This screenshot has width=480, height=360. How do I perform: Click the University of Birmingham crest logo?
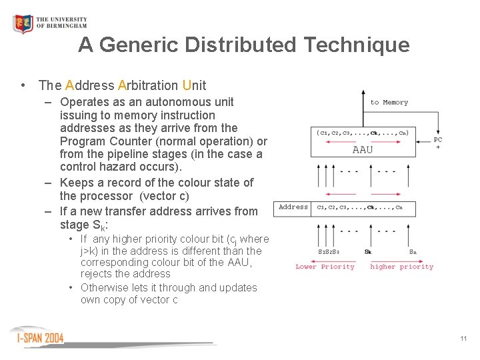click(23, 24)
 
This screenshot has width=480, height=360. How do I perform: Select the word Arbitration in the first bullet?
click(148, 85)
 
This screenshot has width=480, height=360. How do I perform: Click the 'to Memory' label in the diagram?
click(389, 102)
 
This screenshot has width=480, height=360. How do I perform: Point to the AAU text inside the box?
click(362, 149)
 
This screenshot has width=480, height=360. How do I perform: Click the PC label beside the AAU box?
click(437, 140)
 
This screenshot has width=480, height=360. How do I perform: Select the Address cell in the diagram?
click(293, 207)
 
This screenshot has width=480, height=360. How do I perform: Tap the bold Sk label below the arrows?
click(368, 252)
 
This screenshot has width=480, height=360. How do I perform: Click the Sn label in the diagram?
click(413, 252)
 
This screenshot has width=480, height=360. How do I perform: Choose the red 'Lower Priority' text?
click(325, 267)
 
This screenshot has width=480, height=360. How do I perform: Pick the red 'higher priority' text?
click(401, 267)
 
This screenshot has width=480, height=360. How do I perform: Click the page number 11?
click(463, 339)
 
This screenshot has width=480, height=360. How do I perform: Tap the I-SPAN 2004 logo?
click(40, 337)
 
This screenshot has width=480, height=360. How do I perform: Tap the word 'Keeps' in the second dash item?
click(75, 183)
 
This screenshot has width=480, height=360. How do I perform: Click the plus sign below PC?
click(437, 147)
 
